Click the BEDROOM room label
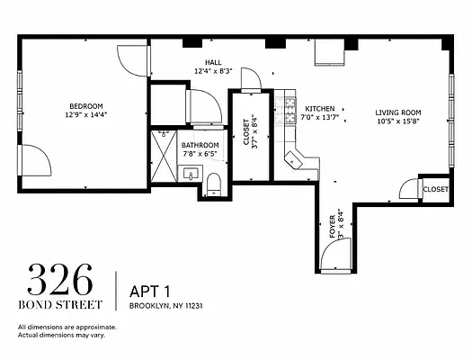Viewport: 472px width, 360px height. (x=86, y=106)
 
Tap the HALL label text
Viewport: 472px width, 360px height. (x=213, y=63)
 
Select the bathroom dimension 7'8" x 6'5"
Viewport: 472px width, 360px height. (x=200, y=154)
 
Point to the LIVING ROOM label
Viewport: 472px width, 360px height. (x=398, y=112)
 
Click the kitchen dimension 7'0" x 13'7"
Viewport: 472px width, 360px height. (x=320, y=117)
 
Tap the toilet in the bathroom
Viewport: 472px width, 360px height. (x=214, y=184)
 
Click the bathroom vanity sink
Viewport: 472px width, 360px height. (x=191, y=174)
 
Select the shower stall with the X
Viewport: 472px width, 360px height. (x=164, y=156)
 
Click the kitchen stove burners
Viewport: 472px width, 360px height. (x=290, y=110)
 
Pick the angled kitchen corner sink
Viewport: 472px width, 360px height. (x=293, y=160)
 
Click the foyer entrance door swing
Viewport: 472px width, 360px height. (x=336, y=255)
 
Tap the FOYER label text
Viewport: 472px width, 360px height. (x=333, y=227)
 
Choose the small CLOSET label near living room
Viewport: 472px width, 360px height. (x=435, y=190)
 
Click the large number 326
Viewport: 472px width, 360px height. (x=60, y=280)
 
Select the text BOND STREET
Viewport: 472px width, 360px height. (x=60, y=304)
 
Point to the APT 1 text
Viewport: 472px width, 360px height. (x=150, y=292)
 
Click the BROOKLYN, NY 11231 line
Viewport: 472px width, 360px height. (x=165, y=306)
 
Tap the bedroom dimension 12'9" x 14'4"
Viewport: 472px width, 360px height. (x=86, y=115)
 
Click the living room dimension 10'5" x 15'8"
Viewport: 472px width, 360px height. (x=398, y=121)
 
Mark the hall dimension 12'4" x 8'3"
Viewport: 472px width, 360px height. (x=213, y=71)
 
